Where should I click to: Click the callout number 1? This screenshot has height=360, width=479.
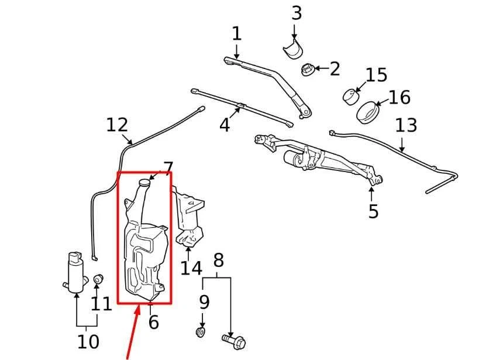coord(236,34)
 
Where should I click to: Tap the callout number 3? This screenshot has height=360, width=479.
coord(297,12)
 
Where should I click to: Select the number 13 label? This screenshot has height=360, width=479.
coord(406,125)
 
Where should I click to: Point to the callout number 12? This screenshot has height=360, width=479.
coord(117,125)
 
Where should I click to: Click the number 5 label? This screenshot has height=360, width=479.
coord(374,211)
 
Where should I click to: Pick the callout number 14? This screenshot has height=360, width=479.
coord(191,268)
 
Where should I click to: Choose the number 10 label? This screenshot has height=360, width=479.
coord(88,341)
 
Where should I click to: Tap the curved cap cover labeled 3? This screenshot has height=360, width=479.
coord(293,50)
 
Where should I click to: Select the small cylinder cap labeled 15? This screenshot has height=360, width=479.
coord(352,95)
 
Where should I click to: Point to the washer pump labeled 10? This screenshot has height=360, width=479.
coord(75,272)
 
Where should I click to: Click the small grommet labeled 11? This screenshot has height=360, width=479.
coord(98,278)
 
